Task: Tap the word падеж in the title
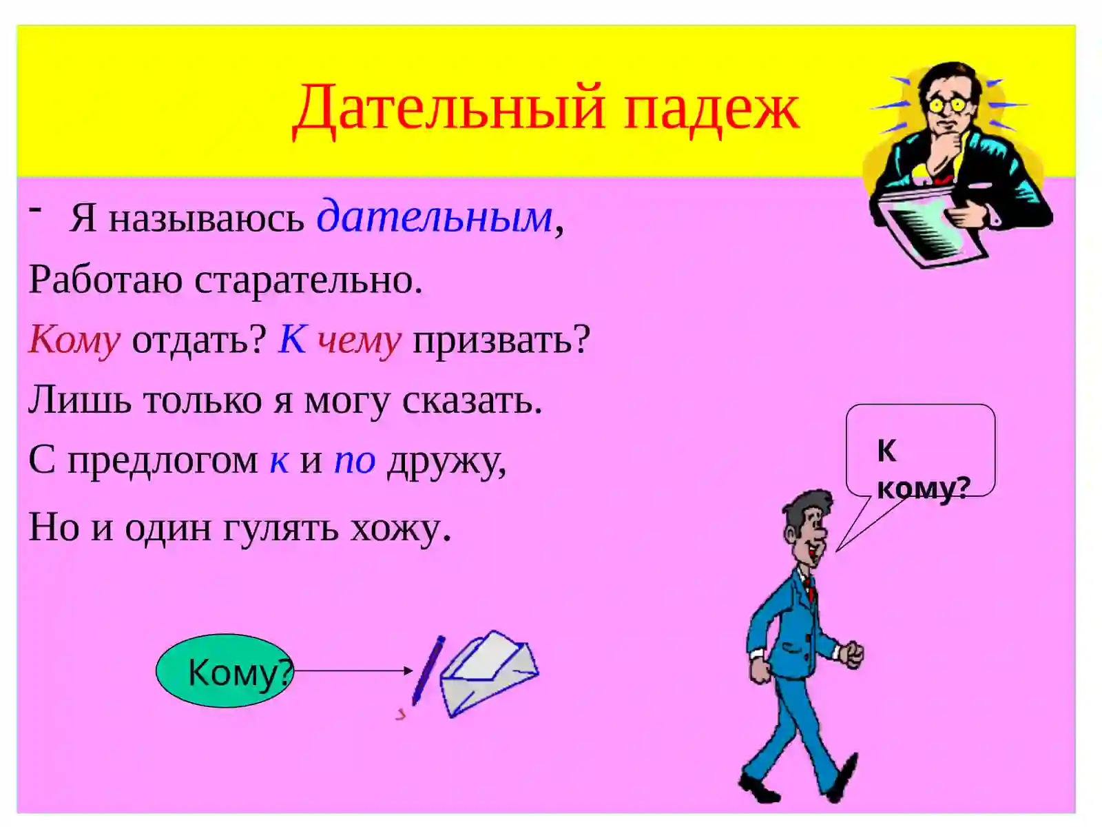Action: pos(711,110)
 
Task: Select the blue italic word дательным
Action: pos(435,217)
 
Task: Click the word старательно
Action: pos(308,280)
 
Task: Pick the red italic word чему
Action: pos(359,340)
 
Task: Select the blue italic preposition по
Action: pos(355,461)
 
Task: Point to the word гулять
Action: pos(281,529)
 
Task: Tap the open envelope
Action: pos(489,672)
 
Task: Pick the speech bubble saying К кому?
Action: pos(920,451)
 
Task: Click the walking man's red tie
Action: pos(811,589)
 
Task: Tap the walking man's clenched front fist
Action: pos(853,653)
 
